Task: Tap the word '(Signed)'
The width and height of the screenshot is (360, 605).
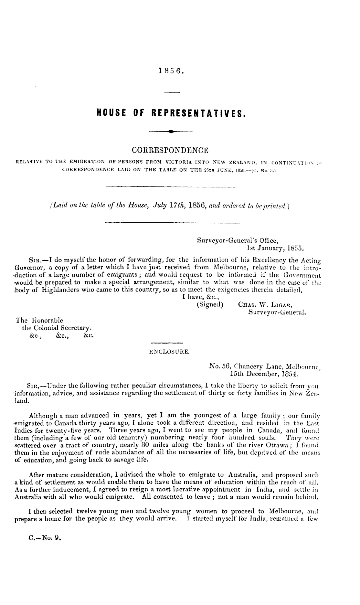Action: coord(210,304)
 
